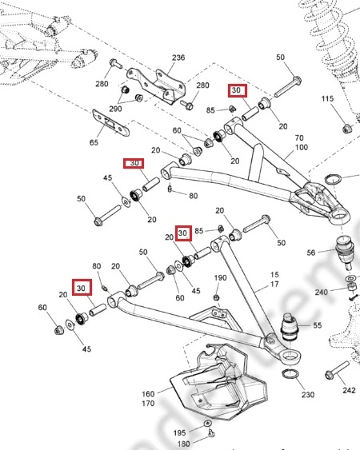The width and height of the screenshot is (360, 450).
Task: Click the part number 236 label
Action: (178, 58)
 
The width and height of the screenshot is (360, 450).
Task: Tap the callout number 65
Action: (94, 142)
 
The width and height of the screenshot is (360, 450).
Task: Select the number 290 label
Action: (115, 109)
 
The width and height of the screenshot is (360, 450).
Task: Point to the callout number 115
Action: (327, 99)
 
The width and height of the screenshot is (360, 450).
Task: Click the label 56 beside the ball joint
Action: (311, 253)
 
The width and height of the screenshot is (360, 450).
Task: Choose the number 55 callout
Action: (318, 325)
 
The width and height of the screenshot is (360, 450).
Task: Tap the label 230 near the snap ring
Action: (308, 395)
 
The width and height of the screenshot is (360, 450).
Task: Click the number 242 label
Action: (349, 390)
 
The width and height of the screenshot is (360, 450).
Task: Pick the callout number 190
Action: (220, 278)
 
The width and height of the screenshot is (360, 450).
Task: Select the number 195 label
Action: (179, 432)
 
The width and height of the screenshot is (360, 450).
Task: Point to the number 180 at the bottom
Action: (183, 444)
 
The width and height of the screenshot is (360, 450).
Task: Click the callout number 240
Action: (322, 293)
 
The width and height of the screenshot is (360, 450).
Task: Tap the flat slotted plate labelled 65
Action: (111, 123)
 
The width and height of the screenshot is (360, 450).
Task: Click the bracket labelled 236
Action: (157, 85)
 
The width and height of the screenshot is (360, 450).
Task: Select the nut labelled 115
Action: (346, 129)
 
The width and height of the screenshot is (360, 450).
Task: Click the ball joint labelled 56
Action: (345, 251)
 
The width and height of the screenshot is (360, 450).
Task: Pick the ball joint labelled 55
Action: (290, 327)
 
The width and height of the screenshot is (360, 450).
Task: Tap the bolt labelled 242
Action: (338, 370)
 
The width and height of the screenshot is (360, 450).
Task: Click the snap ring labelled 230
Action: (290, 374)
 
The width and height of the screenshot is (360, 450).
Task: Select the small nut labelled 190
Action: (217, 297)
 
